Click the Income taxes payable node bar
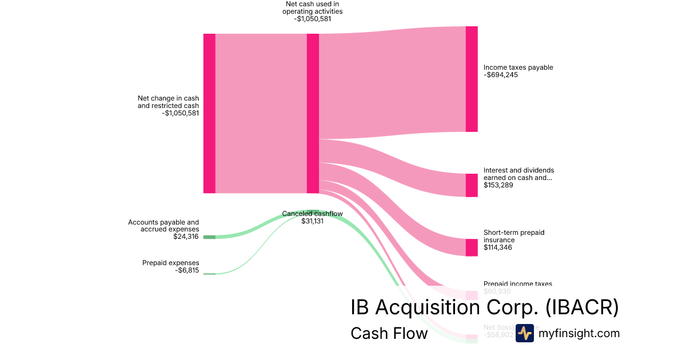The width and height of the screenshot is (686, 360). pos(471,79)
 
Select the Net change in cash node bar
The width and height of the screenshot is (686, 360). pos(209,113)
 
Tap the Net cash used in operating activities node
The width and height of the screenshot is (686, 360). pos(313,113)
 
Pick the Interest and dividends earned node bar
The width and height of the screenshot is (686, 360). pos(471,185)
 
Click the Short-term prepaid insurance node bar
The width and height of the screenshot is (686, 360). pos(471,247)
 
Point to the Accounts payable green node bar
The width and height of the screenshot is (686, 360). pos(209,237)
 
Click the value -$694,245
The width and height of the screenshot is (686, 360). pos(501,75)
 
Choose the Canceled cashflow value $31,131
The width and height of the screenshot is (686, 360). pos(312,221)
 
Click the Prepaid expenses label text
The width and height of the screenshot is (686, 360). pos(170,263)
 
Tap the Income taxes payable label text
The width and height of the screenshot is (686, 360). pos(518,67)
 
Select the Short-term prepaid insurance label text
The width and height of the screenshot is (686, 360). pos(514,236)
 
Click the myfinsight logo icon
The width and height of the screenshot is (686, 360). pos(524,333)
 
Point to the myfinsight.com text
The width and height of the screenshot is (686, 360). pos(579,333)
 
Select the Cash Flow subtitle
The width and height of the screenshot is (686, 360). pos(389,333)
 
